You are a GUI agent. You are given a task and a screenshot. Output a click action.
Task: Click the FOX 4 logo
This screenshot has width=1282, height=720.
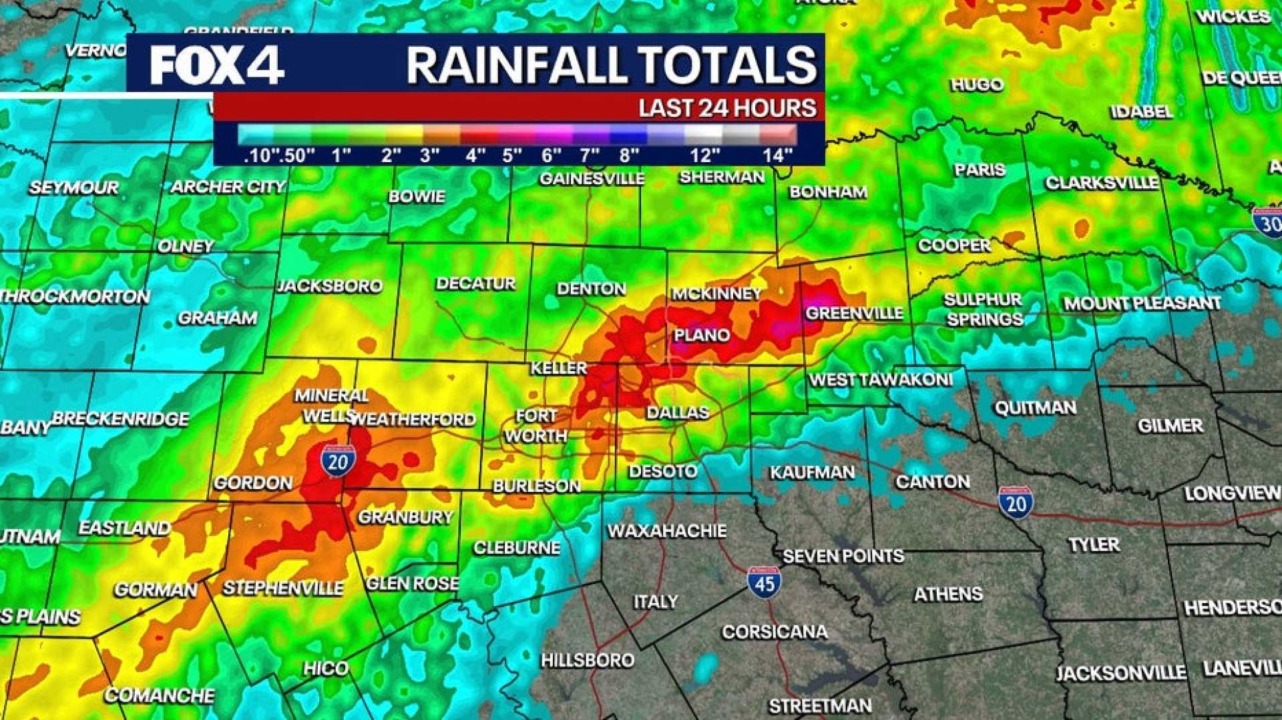click(217, 65)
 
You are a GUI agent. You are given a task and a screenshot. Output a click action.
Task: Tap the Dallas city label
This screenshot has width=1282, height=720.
click(677, 412)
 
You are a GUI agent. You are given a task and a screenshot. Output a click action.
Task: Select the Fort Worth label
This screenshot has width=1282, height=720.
click(536, 426)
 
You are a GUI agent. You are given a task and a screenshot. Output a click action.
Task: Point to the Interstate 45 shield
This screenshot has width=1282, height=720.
click(764, 582)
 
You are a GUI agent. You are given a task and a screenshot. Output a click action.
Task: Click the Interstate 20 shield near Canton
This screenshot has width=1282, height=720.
click(1016, 502)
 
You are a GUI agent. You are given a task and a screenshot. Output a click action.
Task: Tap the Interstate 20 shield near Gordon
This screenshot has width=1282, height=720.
click(338, 461)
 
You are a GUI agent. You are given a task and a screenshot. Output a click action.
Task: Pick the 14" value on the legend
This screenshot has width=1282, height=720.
click(777, 155)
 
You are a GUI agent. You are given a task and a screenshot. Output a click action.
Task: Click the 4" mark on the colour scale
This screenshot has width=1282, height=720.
click(475, 155)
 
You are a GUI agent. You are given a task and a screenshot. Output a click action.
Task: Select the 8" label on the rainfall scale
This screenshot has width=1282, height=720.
click(629, 155)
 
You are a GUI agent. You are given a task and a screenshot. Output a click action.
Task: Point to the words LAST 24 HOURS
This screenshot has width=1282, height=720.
click(727, 108)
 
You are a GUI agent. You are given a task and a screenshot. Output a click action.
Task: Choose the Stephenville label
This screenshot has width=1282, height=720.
click(283, 588)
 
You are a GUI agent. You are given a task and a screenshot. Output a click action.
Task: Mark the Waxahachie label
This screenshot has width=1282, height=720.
click(666, 531)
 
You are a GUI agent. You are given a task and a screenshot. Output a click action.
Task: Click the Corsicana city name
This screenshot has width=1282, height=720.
click(775, 631)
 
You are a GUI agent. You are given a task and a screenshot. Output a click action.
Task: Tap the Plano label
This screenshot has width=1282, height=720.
click(702, 335)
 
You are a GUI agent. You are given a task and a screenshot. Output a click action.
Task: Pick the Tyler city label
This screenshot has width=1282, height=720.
click(1094, 545)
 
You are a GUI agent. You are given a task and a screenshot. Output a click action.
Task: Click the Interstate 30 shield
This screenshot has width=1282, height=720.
click(1267, 222)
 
